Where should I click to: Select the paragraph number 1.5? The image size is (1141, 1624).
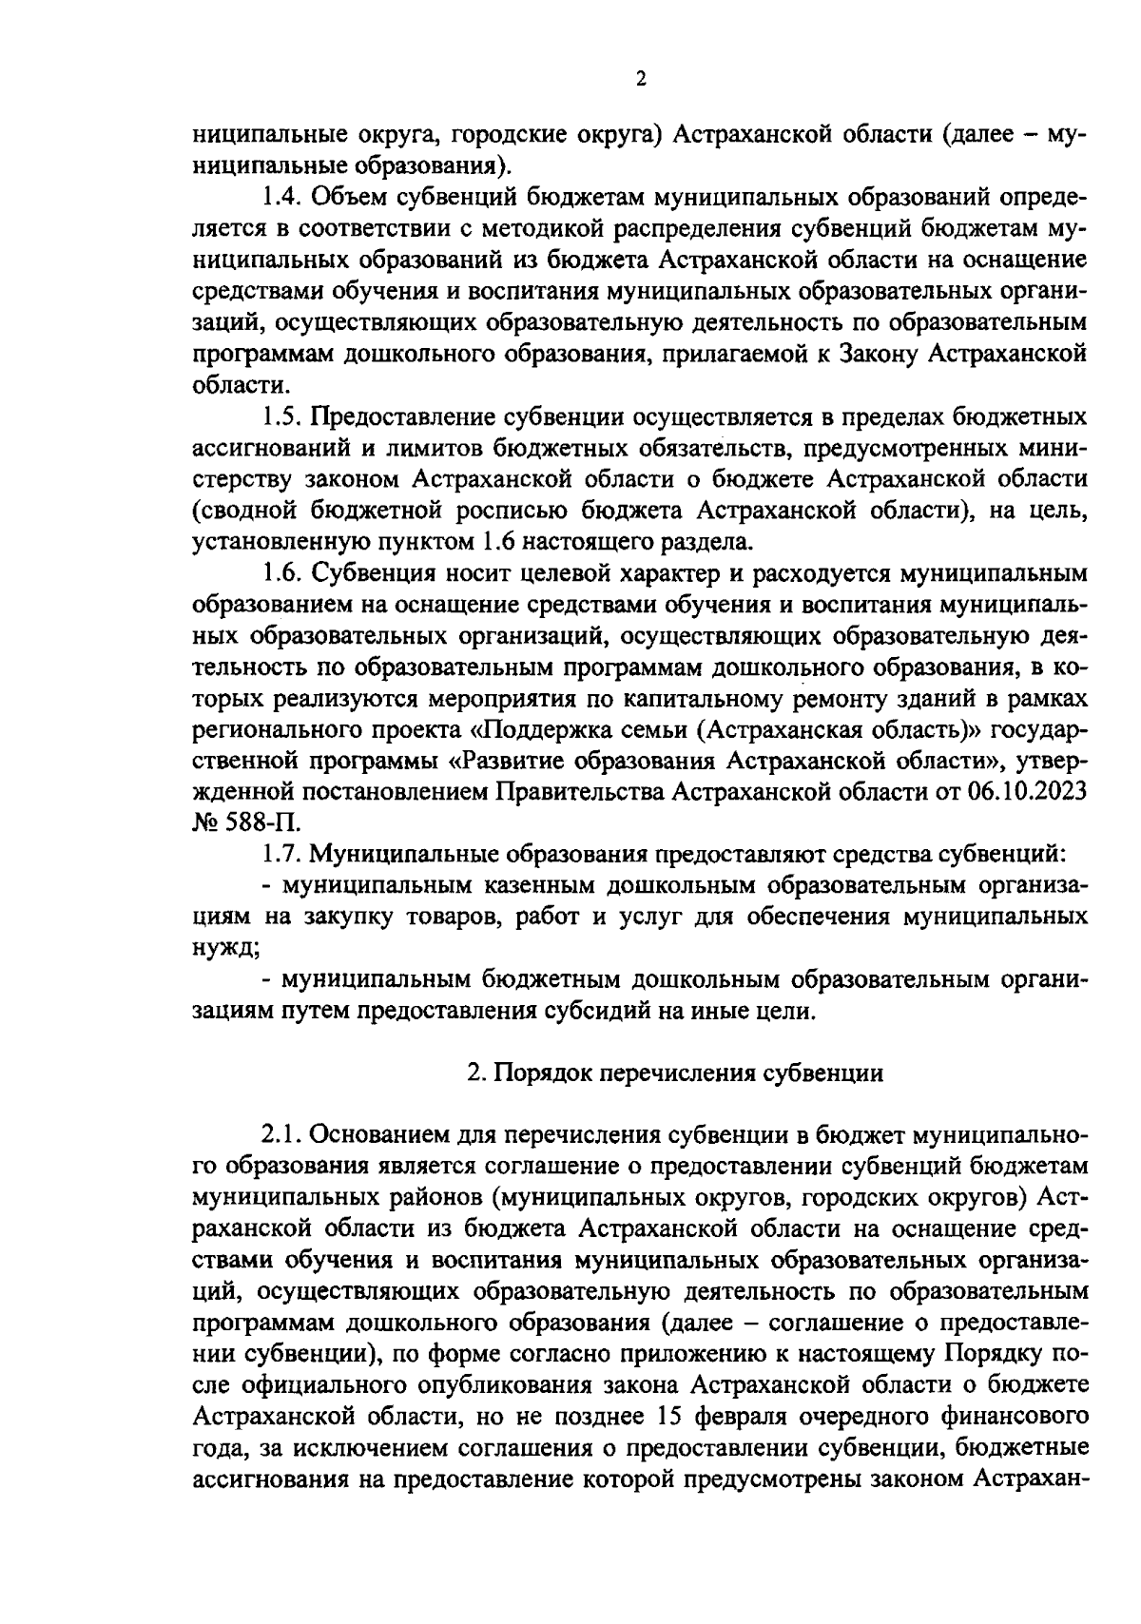(x=281, y=417)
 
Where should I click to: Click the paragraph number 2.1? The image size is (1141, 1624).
(x=283, y=1134)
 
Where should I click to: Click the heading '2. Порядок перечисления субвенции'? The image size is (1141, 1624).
(x=675, y=1073)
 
